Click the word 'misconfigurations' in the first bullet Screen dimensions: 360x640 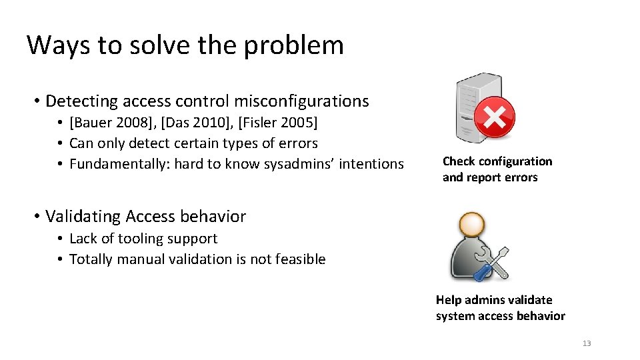point(299,101)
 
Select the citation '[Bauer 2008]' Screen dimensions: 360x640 point(111,123)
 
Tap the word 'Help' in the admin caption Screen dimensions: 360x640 point(449,300)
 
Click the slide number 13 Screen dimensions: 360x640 point(587,343)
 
